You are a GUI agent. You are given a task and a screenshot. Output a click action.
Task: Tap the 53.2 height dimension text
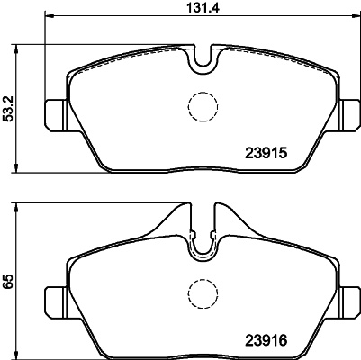(x=9, y=109)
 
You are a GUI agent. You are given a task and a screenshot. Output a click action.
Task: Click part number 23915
(x=266, y=154)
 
